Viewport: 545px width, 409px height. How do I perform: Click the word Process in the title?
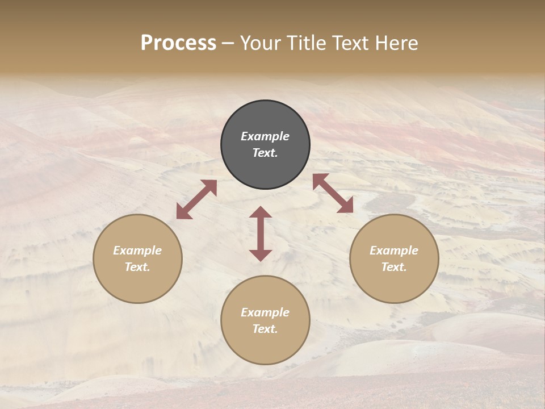click(x=178, y=43)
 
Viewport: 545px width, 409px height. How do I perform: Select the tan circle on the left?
click(x=137, y=258)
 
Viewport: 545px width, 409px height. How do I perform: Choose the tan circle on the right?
click(x=394, y=258)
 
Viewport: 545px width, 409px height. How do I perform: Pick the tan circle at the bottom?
click(x=265, y=320)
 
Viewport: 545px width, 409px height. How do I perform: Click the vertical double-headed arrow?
click(x=261, y=233)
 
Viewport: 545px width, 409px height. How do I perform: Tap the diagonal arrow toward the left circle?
click(x=196, y=199)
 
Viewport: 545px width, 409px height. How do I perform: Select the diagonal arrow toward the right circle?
click(x=333, y=193)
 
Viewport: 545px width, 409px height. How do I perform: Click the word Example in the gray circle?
click(x=265, y=136)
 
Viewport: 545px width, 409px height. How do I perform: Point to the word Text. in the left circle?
click(x=137, y=267)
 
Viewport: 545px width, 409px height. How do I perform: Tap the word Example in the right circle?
click(x=394, y=251)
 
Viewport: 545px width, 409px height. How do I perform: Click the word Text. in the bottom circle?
click(x=265, y=329)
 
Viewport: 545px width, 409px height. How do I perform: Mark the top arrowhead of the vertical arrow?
click(x=261, y=212)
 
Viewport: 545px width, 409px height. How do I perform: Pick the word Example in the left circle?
click(x=137, y=251)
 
